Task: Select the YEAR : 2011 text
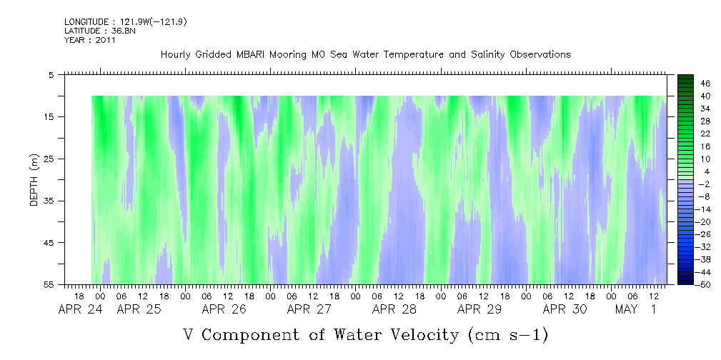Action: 90,40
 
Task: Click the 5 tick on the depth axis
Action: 51,74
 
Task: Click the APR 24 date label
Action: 81,309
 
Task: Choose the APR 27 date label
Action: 309,309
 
